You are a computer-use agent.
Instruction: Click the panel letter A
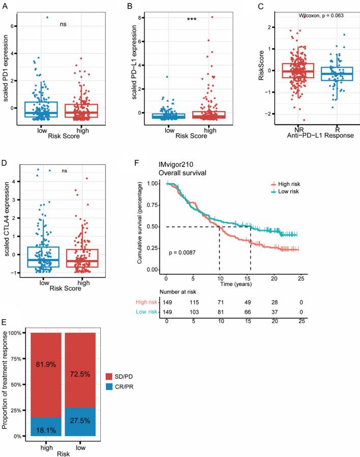tap(5, 7)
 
